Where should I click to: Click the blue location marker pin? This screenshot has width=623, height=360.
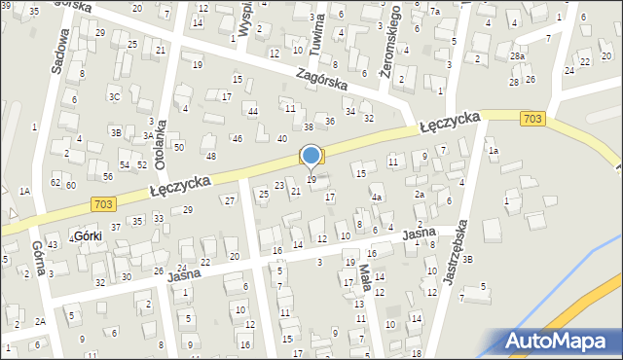tap(311, 157)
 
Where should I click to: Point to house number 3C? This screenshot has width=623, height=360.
tap(114, 96)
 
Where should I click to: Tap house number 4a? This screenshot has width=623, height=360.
tap(376, 198)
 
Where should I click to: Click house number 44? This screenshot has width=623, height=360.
tap(252, 112)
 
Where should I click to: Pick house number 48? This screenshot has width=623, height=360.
tap(210, 156)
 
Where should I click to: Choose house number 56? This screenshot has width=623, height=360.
tap(107, 176)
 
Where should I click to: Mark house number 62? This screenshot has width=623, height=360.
tap(55, 182)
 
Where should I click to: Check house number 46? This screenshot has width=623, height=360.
tap(237, 139)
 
